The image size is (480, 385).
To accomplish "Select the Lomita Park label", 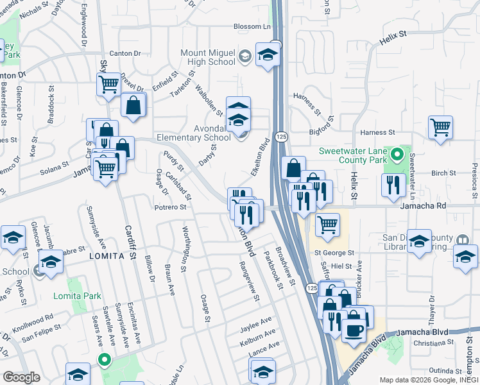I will click(87, 296).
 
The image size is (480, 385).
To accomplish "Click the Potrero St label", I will click(170, 207).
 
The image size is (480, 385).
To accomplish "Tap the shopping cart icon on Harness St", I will click(440, 128).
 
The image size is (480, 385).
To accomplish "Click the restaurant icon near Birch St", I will click(393, 185).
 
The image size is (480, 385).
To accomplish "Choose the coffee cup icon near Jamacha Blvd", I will click(353, 330).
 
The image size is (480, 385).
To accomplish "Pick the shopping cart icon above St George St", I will click(327, 225).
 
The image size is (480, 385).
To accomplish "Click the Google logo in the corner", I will click(21, 377).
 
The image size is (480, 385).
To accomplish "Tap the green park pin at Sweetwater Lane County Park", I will click(397, 154).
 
